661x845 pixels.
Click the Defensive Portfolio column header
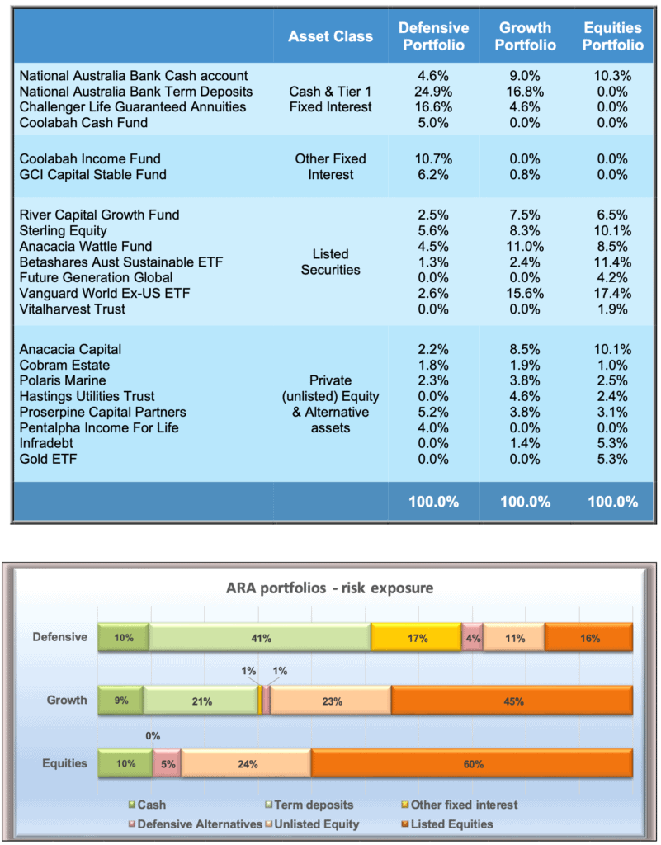click(434, 36)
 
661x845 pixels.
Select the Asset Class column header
click(330, 36)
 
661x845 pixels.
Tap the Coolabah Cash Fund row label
click(83, 123)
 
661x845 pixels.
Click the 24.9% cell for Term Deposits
click(433, 92)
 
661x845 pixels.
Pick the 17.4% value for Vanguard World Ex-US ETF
click(612, 293)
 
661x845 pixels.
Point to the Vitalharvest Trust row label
click(72, 309)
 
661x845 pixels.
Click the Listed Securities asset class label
click(330, 262)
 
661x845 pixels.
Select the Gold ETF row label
click(48, 459)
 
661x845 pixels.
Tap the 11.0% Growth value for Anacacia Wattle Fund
click(525, 246)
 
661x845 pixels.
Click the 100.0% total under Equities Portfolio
click(612, 502)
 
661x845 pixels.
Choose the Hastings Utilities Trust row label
click(87, 397)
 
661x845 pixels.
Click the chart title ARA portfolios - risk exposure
click(330, 588)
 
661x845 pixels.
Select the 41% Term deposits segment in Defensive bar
click(260, 638)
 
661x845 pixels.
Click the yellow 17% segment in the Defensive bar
click(417, 638)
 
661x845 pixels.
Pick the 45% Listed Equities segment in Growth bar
click(512, 701)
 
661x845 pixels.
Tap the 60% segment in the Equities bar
click(472, 763)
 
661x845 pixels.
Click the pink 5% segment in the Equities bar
click(167, 763)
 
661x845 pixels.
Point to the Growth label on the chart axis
click(67, 700)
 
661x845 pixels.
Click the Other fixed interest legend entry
click(460, 805)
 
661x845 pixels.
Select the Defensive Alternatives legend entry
click(196, 824)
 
